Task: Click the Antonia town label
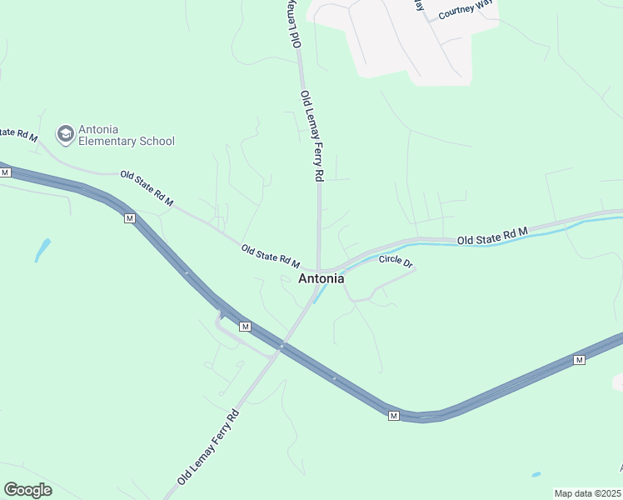pyautogui.click(x=321, y=279)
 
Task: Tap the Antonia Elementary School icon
pyautogui.click(x=65, y=134)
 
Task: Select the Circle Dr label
pyautogui.click(x=396, y=261)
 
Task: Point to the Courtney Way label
pyautogui.click(x=466, y=10)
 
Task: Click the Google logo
pyautogui.click(x=27, y=490)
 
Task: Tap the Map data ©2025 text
pyautogui.click(x=587, y=493)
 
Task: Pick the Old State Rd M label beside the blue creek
pyautogui.click(x=492, y=236)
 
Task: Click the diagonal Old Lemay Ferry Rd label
pyautogui.click(x=208, y=447)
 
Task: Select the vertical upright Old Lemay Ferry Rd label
pyautogui.click(x=311, y=136)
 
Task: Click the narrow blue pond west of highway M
pyautogui.click(x=42, y=250)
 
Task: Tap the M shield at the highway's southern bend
pyautogui.click(x=394, y=415)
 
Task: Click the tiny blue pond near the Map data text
pyautogui.click(x=535, y=475)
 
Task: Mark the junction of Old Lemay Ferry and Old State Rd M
pyautogui.click(x=319, y=271)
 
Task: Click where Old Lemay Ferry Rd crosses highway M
pyautogui.click(x=282, y=346)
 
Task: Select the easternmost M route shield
pyautogui.click(x=580, y=359)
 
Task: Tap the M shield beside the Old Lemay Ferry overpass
pyautogui.click(x=245, y=326)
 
